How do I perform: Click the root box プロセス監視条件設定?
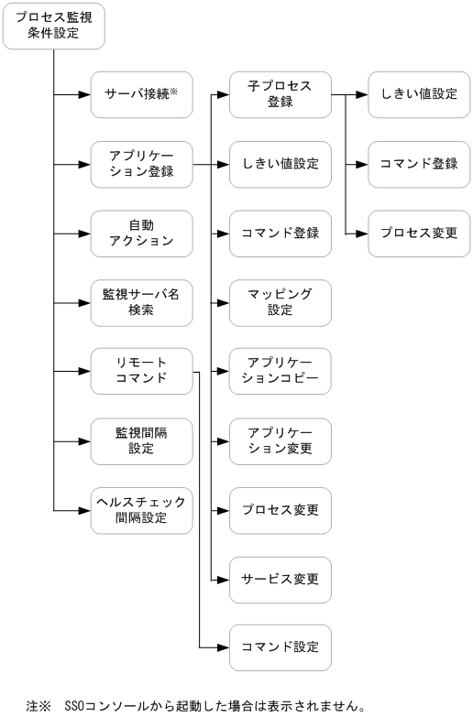(x=53, y=27)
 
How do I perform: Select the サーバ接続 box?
(x=141, y=93)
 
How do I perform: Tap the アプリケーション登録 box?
(x=141, y=164)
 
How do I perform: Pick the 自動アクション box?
(x=141, y=233)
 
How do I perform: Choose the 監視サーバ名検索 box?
(x=141, y=301)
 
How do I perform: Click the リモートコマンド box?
(x=141, y=371)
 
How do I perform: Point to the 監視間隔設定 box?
(x=141, y=440)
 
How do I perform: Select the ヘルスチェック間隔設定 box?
(x=141, y=508)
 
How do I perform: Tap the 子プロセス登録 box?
(x=280, y=93)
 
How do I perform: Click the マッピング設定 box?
(x=280, y=301)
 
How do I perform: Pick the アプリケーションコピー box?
(x=280, y=371)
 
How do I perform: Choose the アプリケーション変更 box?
(x=280, y=440)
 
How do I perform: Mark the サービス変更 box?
(x=280, y=579)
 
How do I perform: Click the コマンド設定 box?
(x=280, y=647)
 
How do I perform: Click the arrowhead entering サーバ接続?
(x=84, y=93)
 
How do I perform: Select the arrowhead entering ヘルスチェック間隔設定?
(x=84, y=508)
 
